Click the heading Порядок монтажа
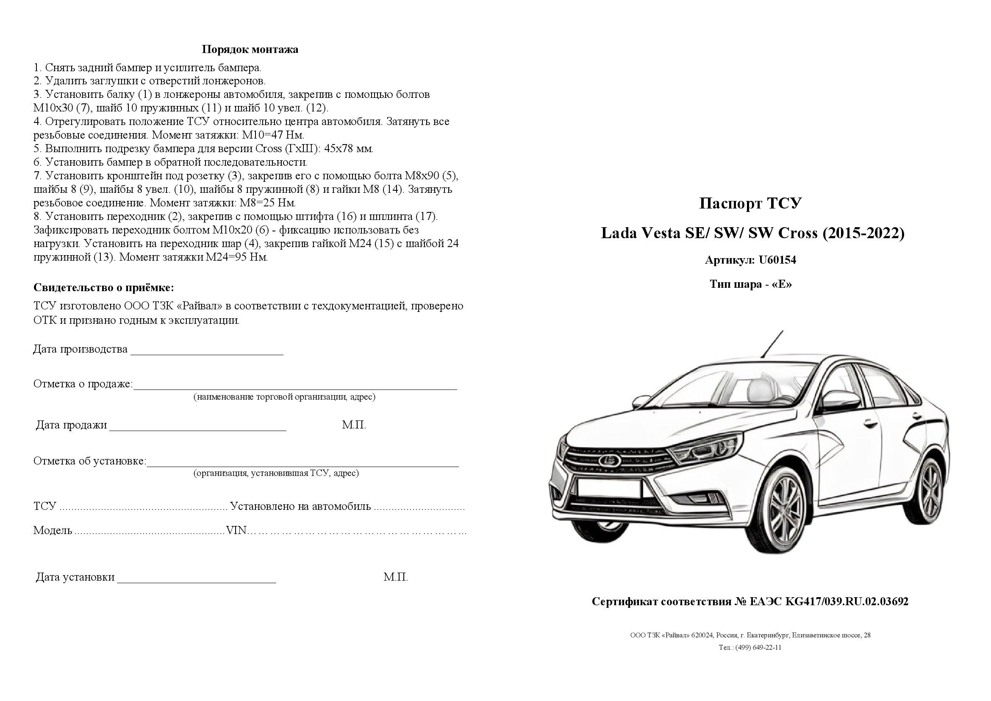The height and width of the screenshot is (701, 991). tap(250, 49)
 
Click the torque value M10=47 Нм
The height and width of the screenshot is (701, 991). tap(273, 135)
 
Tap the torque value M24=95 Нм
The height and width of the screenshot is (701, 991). tap(236, 258)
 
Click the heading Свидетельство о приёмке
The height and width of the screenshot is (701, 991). tap(103, 288)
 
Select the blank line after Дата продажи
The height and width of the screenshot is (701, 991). tap(198, 426)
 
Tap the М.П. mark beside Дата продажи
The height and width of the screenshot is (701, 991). tap(353, 425)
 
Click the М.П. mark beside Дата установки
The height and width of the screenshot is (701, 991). tap(395, 578)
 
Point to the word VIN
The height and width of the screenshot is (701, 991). tap(236, 531)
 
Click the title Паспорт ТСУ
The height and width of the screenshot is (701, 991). tap(750, 203)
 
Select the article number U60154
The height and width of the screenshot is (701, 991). tap(777, 260)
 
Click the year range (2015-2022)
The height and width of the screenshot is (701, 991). tap(863, 234)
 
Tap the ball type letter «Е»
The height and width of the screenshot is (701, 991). tap(781, 285)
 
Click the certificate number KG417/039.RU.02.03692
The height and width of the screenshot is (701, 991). tap(847, 602)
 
